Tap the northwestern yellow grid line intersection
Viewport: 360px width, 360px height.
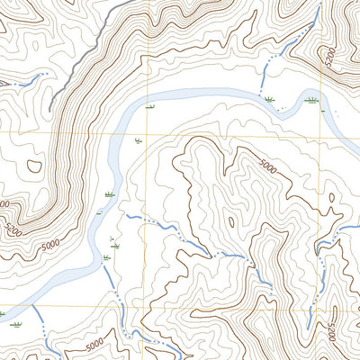pyautogui.click(x=146, y=131)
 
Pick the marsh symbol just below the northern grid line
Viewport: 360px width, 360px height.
pyautogui.click(x=138, y=141)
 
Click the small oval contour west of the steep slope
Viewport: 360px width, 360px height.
pyautogui.click(x=34, y=166)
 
